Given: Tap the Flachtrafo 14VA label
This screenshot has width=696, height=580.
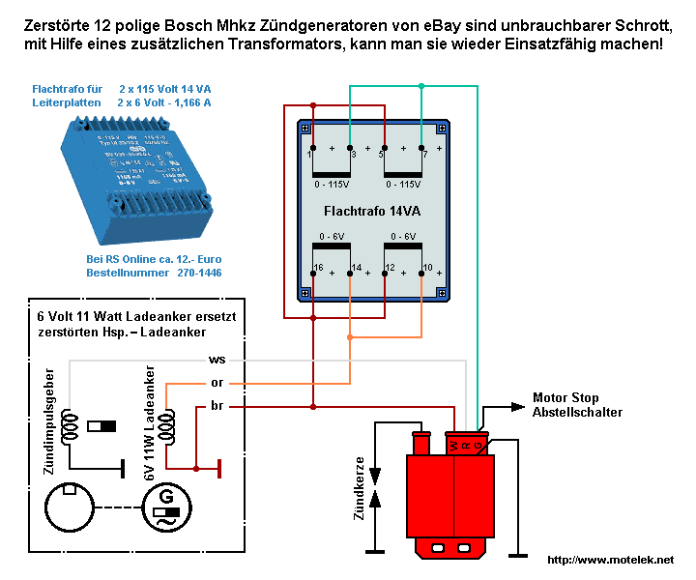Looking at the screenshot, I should pos(371,210).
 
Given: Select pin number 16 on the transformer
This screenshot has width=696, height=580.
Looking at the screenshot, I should pos(317,266).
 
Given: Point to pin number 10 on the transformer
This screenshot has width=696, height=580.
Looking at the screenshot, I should pos(427,266).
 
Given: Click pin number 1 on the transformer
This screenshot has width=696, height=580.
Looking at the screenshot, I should pos(308,154).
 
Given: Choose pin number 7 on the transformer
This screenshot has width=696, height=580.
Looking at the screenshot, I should pos(424,154).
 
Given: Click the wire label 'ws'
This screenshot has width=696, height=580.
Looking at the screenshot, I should pos(217,360).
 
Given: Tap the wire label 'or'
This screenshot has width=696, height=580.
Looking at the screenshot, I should pos(217,383).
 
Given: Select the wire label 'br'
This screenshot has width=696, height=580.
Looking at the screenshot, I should pos(217,406).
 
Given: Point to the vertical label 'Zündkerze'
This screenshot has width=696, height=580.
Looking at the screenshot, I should pos(360,489).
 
